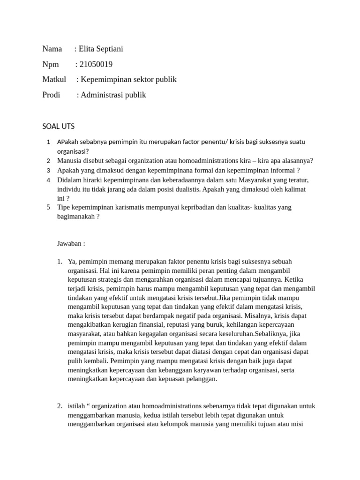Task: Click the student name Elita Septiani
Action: point(101,49)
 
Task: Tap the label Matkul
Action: point(54,79)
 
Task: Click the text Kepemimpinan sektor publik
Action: point(128,79)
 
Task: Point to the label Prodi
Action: point(51,95)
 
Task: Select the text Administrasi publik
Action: point(113,95)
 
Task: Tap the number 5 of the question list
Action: point(49,207)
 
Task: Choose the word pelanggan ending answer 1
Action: point(199,379)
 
